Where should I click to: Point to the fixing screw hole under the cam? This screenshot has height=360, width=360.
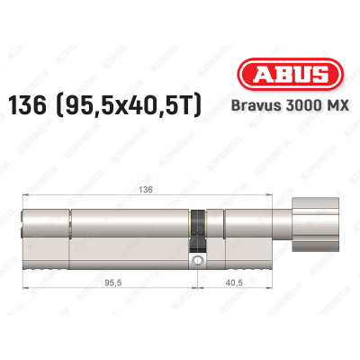(x=197, y=263)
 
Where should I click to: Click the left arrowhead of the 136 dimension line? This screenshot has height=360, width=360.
(x=26, y=197)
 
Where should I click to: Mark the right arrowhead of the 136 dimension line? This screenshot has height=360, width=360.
(x=248, y=197)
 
